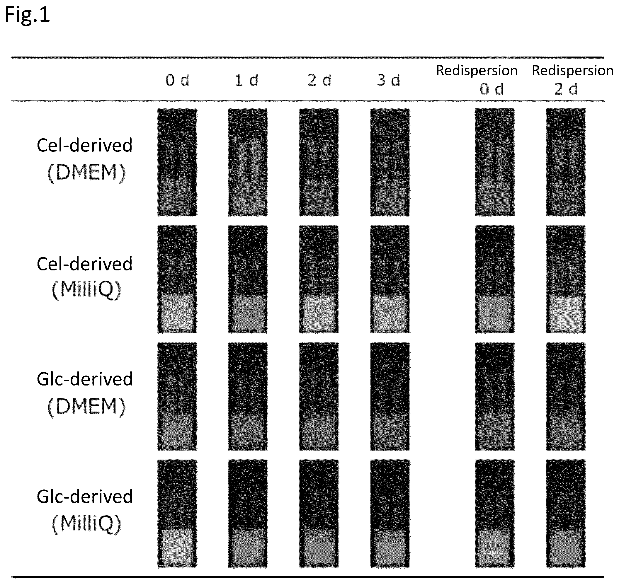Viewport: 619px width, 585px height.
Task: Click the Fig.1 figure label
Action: coord(28,15)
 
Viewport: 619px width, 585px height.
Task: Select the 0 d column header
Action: coord(177,80)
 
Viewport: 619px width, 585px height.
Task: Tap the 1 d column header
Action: coord(247,80)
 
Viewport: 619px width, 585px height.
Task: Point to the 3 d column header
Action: coord(388,80)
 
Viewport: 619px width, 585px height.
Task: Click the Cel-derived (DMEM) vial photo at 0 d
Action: coord(177,162)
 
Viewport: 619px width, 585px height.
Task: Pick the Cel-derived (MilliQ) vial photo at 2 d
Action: coord(319,279)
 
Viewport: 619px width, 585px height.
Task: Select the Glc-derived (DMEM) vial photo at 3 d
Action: coord(390,397)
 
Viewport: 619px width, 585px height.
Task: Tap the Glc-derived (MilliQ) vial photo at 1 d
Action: coord(248,514)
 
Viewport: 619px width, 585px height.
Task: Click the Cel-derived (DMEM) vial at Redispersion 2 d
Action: coord(566,162)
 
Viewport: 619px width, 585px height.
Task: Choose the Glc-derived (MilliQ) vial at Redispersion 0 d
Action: coord(494,514)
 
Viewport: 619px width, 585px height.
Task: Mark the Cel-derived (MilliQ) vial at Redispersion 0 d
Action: coord(494,279)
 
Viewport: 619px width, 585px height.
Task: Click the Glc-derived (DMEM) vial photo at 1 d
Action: coord(248,397)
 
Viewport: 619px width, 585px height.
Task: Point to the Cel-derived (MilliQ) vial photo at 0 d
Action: coord(177,279)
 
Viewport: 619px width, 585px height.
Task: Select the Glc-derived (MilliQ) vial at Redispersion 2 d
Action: coord(566,514)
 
